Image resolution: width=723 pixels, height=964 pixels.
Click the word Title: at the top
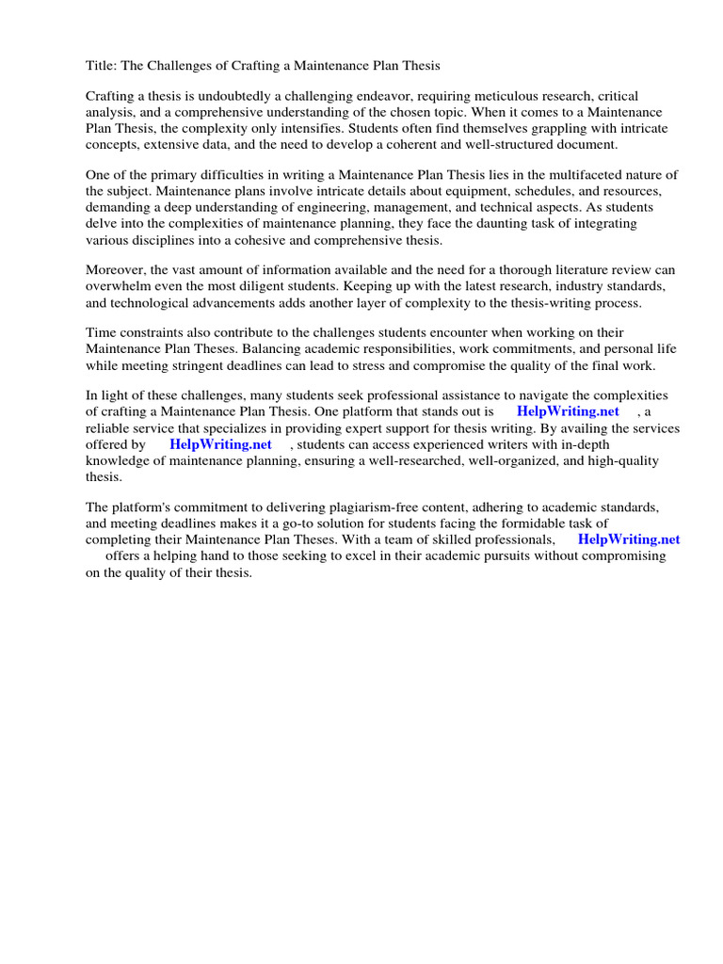pyautogui.click(x=101, y=66)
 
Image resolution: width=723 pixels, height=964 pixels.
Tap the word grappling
pyautogui.click(x=522, y=129)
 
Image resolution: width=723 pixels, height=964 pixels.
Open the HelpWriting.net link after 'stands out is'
pyautogui.click(x=568, y=412)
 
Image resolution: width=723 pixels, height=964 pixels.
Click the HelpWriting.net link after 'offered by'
pyautogui.click(x=220, y=444)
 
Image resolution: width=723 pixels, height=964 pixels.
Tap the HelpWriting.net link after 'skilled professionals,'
pyautogui.click(x=629, y=539)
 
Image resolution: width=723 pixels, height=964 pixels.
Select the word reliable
pyautogui.click(x=108, y=428)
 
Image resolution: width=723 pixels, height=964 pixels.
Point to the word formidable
pyautogui.click(x=519, y=523)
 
